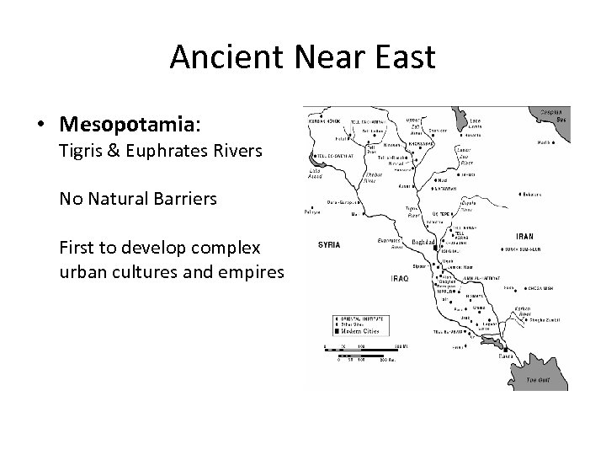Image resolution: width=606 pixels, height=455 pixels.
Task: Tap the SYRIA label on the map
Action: (329, 244)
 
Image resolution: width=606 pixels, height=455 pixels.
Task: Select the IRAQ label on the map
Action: (399, 278)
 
